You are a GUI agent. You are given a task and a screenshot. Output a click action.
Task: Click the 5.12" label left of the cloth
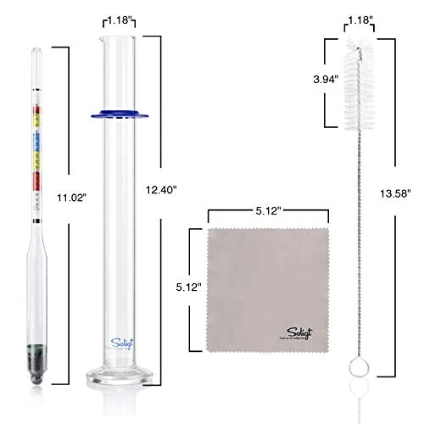(x=185, y=287)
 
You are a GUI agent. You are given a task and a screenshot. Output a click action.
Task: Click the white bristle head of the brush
(x=358, y=85)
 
